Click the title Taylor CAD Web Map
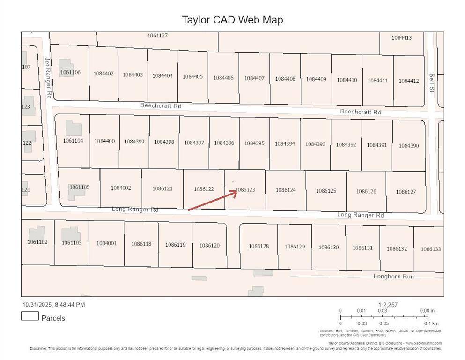click(x=232, y=20)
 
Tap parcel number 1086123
click(x=245, y=189)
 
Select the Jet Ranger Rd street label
click(x=48, y=77)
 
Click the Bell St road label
click(x=432, y=82)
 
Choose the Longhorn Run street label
click(x=393, y=277)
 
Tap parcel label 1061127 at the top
click(x=157, y=36)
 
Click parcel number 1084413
click(x=401, y=37)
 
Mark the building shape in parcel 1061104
click(x=73, y=128)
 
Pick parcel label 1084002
click(x=121, y=187)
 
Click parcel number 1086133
click(x=430, y=249)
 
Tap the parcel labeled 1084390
click(x=409, y=146)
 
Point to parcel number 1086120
click(x=209, y=245)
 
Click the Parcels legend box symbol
click(x=30, y=316)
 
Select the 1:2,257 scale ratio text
click(x=388, y=305)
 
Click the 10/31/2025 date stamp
click(x=53, y=305)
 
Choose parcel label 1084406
click(x=223, y=78)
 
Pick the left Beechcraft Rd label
click(x=161, y=106)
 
